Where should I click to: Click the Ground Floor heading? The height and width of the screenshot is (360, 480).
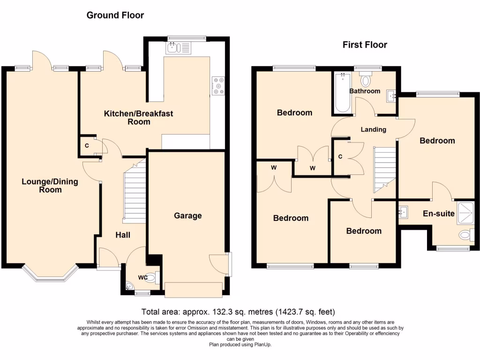(115, 15)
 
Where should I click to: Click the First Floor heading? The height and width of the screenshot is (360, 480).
(365, 45)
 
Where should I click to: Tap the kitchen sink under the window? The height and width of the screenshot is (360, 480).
(177, 47)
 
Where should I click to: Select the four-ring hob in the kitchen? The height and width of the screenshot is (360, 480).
(217, 85)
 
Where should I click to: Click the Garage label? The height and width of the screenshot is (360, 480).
(188, 216)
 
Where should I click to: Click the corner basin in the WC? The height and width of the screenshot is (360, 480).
(130, 285)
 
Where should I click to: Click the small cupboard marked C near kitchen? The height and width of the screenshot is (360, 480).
(87, 145)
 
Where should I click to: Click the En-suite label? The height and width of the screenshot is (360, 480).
(439, 214)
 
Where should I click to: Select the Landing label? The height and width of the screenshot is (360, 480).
(374, 129)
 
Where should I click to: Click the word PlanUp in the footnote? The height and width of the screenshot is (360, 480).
(261, 345)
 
